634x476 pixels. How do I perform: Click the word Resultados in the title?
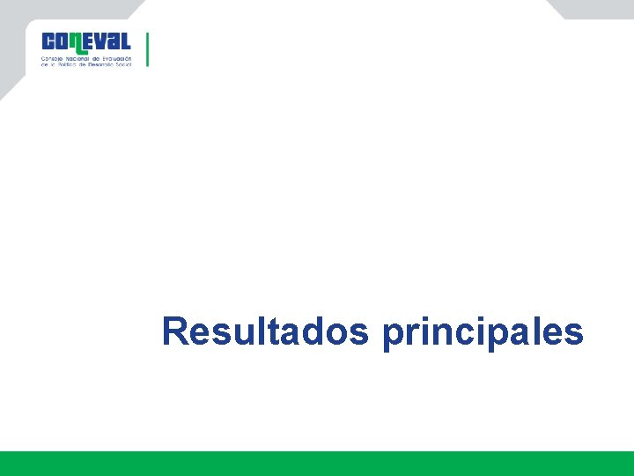(265, 332)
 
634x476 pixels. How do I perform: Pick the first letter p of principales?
(393, 336)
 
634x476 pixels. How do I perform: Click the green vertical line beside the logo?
(147, 49)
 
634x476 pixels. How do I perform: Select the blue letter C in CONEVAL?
(48, 41)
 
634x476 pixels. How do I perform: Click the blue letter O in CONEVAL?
(63, 41)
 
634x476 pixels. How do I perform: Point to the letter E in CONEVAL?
(92, 41)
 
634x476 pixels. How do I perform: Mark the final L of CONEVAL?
(126, 41)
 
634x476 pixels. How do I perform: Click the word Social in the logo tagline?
(122, 65)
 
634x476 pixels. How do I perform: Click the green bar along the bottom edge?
(317, 464)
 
